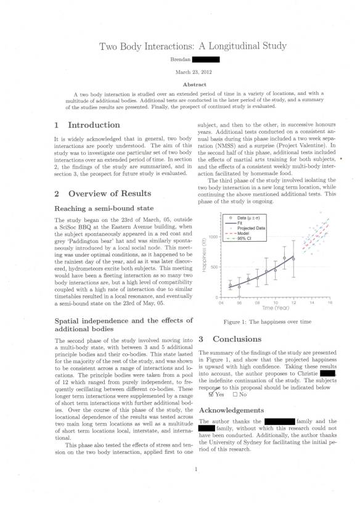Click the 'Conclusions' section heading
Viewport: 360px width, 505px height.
238,339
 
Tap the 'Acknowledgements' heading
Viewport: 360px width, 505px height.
240,409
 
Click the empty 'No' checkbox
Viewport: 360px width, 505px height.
235,395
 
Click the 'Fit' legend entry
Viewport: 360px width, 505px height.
240,223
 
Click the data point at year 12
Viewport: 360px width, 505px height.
293,259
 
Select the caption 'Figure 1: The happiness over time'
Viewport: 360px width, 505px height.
267,322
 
